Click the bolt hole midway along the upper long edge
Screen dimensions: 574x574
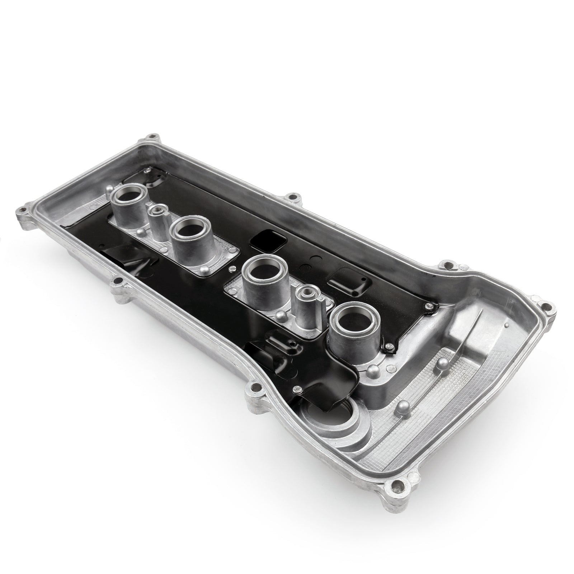click(x=295, y=196)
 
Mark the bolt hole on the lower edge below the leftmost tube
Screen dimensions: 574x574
click(x=117, y=280)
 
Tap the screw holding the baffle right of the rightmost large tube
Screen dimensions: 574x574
click(x=389, y=347)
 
